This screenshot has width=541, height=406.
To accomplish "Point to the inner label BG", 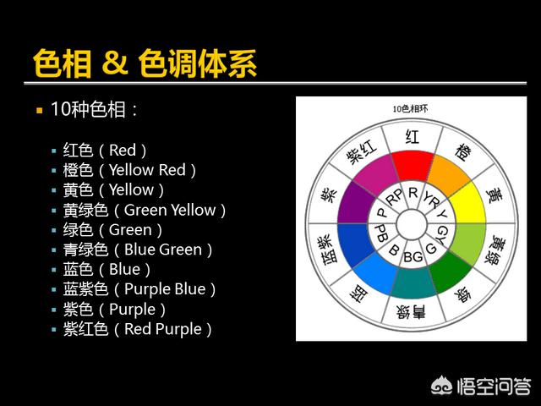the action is pos(413,257).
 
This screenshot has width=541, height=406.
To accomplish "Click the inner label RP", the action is pos(395,197).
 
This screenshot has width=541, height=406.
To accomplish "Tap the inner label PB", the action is pos(381,233).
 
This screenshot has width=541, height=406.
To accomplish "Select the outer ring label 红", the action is pos(413,136).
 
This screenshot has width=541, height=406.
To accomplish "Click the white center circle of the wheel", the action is pos(412,225).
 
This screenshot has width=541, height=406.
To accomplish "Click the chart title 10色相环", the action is pos(410,109).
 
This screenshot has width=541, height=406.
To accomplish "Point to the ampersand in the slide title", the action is pos(115,63).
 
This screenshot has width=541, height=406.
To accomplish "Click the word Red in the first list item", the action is pos(123,151).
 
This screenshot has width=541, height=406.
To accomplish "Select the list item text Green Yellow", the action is pos(170,210).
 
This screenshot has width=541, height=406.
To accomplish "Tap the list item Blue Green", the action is pos(163,250).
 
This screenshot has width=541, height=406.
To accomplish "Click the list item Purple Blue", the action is pos(165,289).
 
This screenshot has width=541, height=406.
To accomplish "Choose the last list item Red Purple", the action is pos(163,329).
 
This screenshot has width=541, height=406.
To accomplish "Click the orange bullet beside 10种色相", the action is pos(40,111).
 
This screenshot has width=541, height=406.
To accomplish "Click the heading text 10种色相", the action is pos(88,109).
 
